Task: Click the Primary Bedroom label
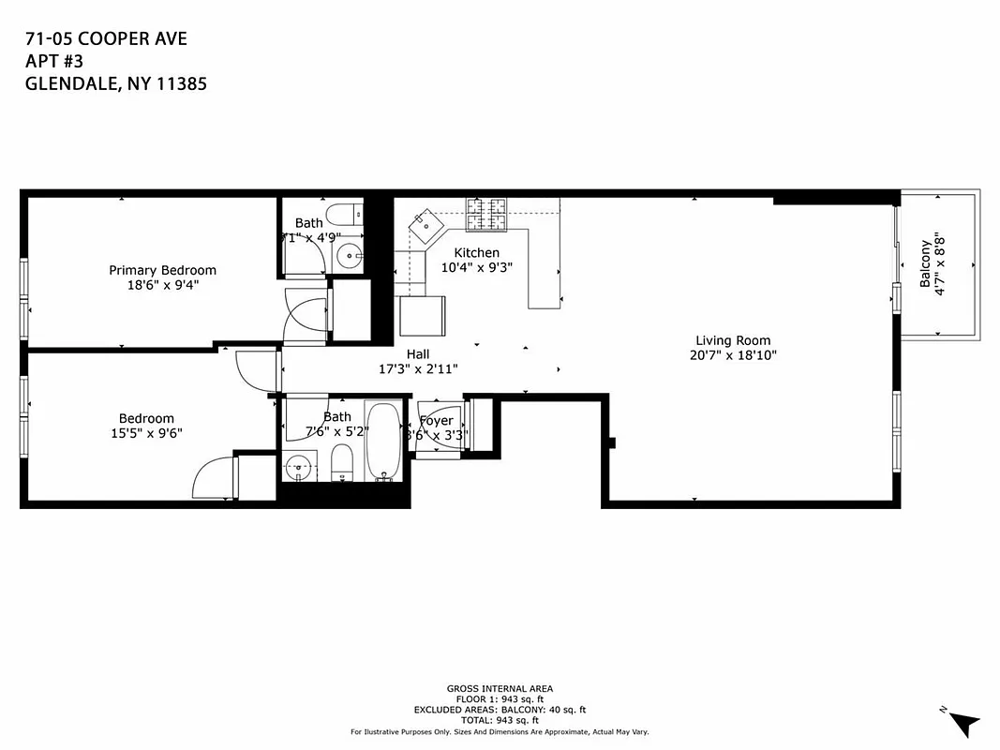point(162,270)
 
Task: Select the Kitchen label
point(476,252)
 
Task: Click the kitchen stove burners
point(486,215)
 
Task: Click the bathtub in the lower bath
point(382,441)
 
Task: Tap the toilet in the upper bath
point(344,211)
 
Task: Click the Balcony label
point(925,263)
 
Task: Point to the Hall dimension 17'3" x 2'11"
point(418,369)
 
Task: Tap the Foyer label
point(436,421)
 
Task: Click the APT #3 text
point(53,61)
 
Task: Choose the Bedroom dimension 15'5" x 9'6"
point(145,433)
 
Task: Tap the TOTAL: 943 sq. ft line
point(499,720)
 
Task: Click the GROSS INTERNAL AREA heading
point(499,688)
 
